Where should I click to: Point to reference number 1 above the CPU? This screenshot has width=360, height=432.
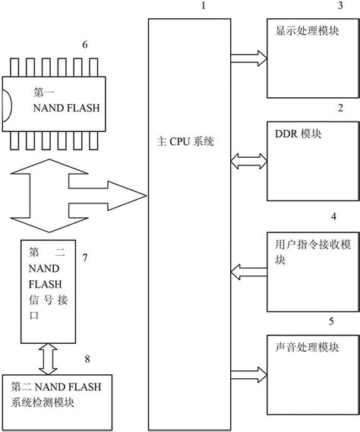pos(202,8)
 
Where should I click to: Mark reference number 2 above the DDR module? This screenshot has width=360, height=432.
pos(339,108)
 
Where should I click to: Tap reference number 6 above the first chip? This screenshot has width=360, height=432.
pos(84,45)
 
